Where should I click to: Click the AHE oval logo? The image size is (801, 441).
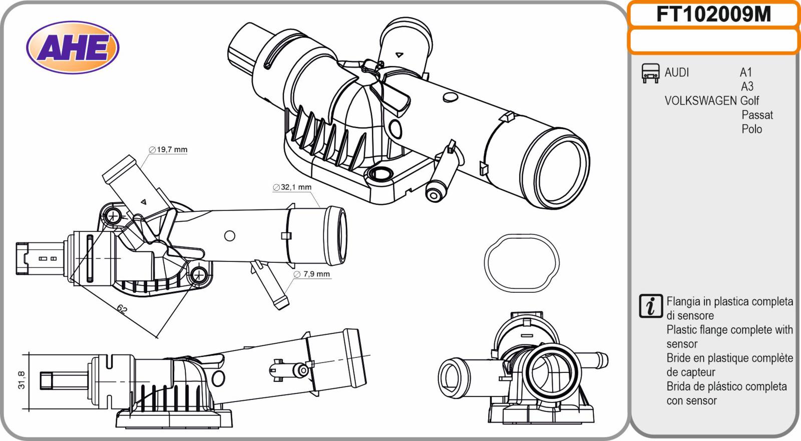(x=73, y=48)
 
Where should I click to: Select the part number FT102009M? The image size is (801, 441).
(x=713, y=15)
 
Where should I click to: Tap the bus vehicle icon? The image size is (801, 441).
(x=650, y=73)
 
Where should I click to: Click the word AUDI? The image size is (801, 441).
(x=677, y=73)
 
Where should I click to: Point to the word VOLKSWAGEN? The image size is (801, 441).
(x=700, y=101)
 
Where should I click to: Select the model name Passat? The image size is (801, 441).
(x=757, y=115)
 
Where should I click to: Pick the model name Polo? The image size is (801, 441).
(x=751, y=129)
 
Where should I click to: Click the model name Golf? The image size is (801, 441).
(x=749, y=101)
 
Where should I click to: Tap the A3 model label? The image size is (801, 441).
(x=747, y=87)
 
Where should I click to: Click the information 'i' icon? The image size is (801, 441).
(x=651, y=306)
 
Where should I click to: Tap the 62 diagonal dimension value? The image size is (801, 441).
(x=122, y=309)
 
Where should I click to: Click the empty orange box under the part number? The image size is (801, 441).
(x=713, y=41)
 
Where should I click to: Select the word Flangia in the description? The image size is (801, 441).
(x=683, y=302)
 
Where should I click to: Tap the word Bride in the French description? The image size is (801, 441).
(x=679, y=358)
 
